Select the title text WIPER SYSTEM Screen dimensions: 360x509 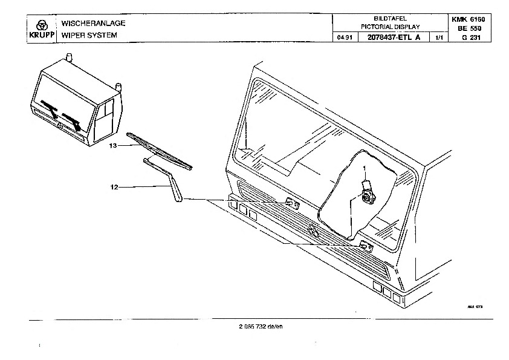point(85,36)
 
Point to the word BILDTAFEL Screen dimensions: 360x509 point(390,19)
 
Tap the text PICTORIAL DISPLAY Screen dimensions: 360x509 point(390,27)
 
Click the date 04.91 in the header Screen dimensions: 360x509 point(344,38)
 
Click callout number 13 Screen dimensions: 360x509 point(112,146)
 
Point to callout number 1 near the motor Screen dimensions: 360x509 point(365,167)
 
